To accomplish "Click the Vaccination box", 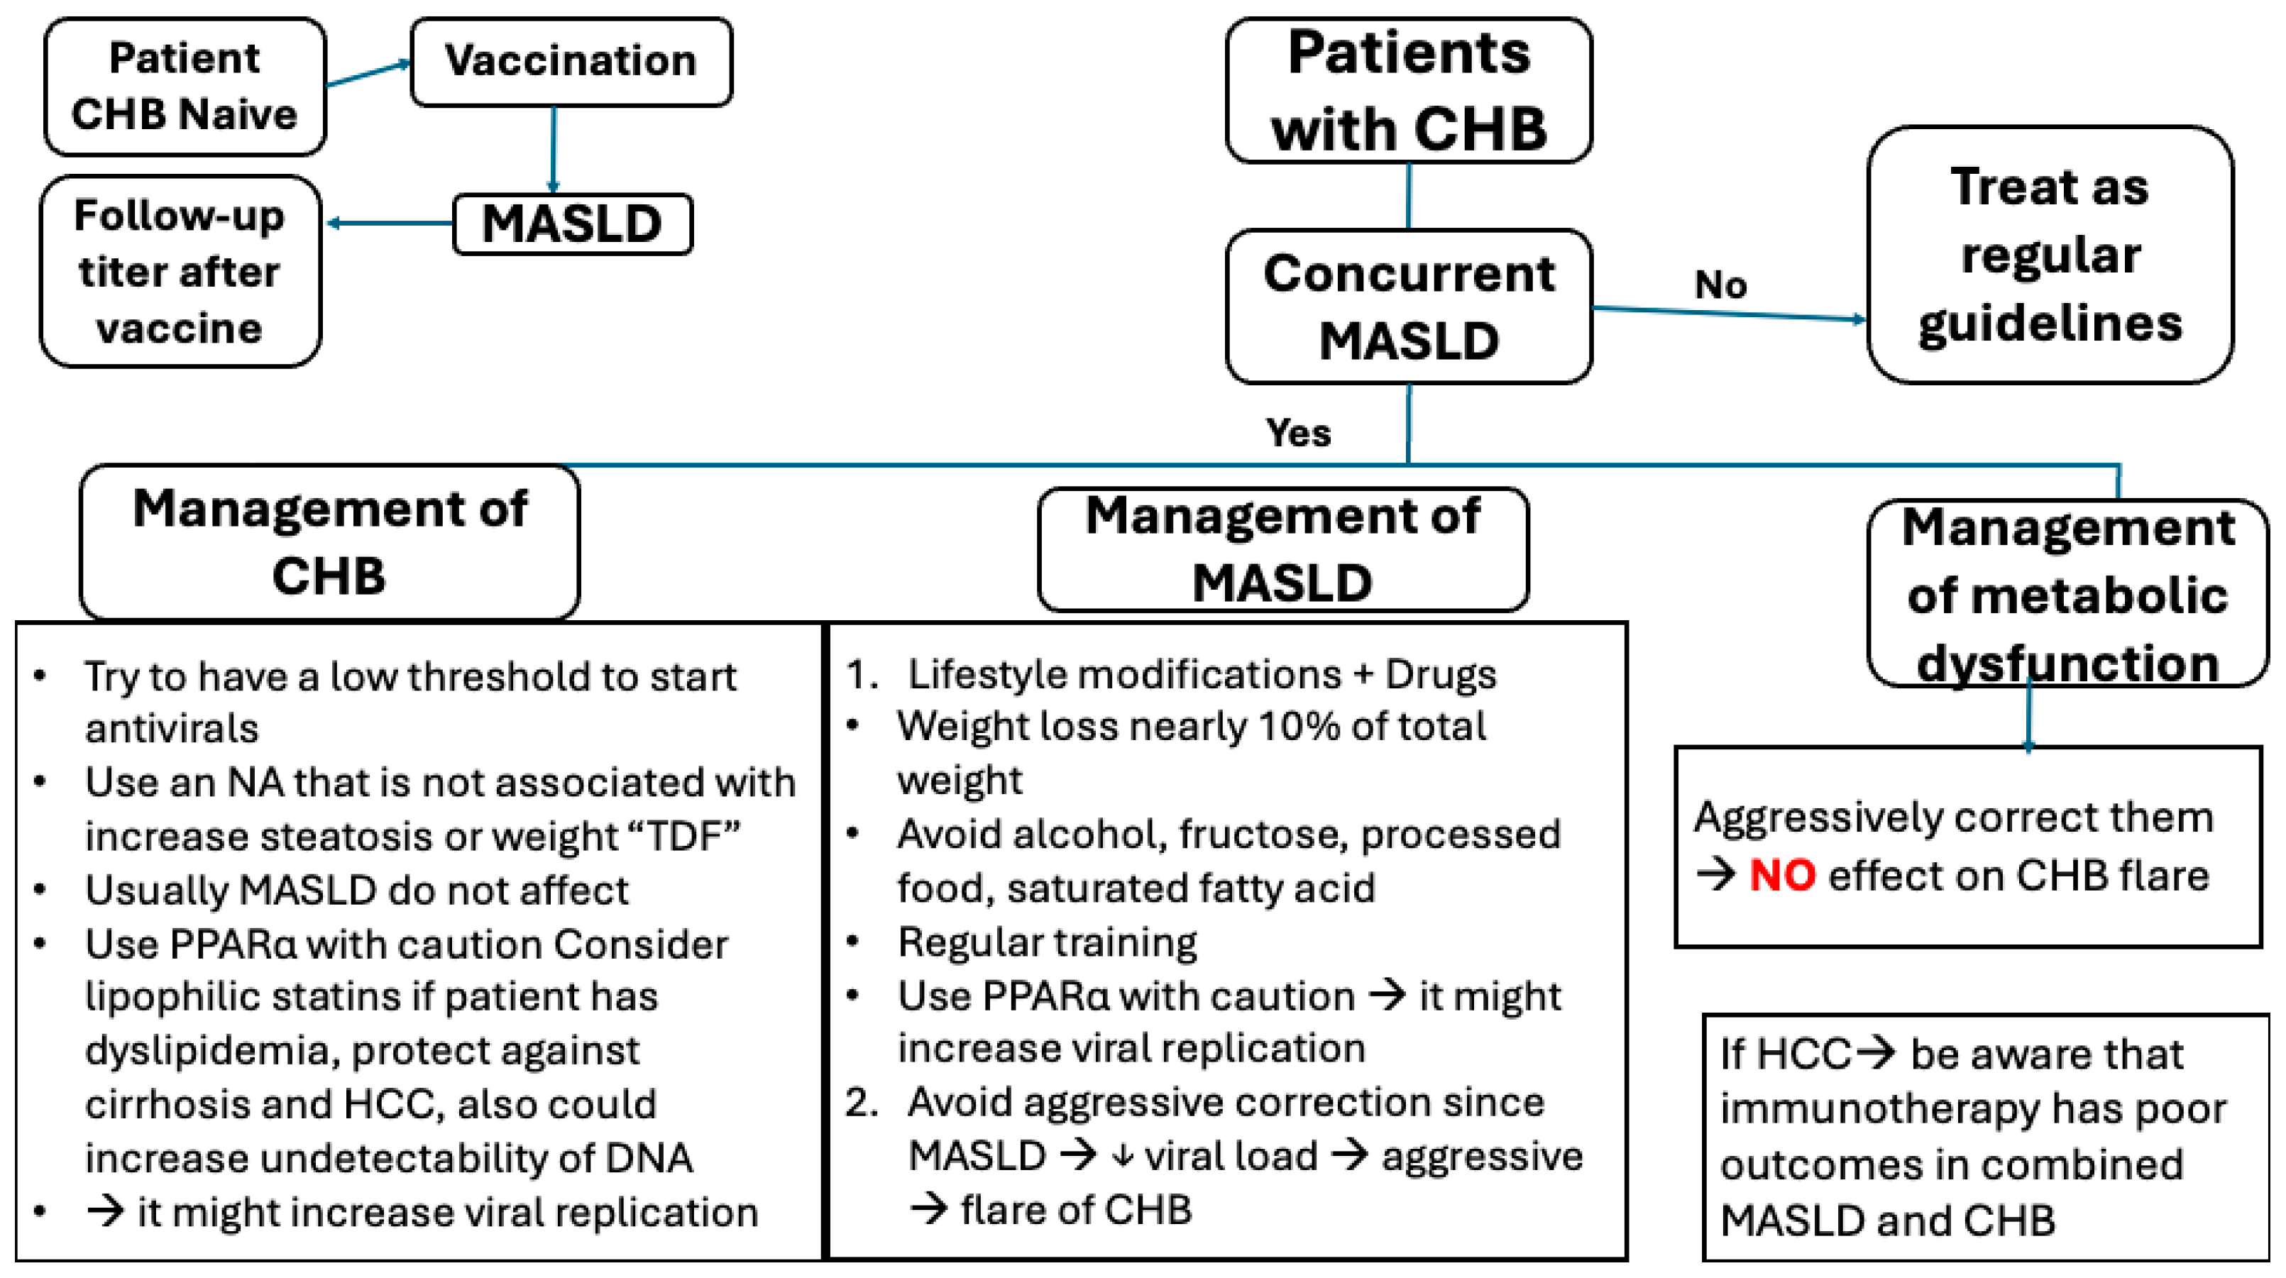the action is [x=571, y=62].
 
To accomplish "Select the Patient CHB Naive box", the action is [x=185, y=86].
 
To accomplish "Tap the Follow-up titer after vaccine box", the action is [x=180, y=270].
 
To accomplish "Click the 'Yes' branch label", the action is [x=1298, y=433].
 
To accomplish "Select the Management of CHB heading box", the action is [x=329, y=541].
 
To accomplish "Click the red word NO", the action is [x=1783, y=876].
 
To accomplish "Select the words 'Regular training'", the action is [x=1047, y=942].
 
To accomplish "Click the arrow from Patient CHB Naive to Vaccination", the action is [x=368, y=74].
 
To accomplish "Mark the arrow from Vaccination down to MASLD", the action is [x=554, y=150].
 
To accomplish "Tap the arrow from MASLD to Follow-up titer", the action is [x=390, y=223].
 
